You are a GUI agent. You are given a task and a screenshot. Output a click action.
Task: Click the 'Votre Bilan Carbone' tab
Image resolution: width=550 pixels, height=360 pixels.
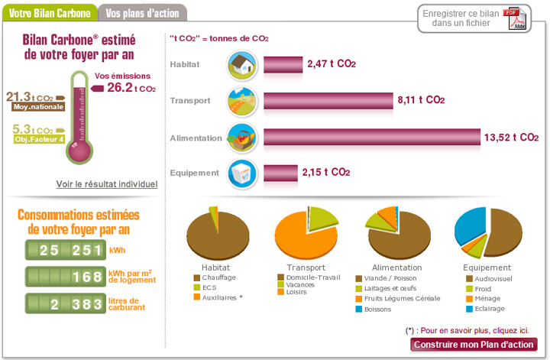point(48,13)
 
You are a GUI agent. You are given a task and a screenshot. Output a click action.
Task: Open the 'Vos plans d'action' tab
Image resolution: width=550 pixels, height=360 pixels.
point(143,13)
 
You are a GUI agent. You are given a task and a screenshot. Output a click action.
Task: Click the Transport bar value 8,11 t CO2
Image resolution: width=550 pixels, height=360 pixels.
point(420,100)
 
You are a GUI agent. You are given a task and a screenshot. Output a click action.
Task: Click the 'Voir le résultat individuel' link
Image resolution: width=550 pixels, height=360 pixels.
point(106,184)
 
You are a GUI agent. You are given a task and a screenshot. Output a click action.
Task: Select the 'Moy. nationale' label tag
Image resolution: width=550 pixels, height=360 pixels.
point(38,107)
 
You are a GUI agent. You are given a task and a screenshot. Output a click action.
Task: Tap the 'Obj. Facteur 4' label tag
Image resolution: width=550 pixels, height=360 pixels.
point(38,139)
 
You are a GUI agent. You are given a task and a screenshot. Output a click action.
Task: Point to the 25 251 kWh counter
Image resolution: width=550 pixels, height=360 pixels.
point(65,250)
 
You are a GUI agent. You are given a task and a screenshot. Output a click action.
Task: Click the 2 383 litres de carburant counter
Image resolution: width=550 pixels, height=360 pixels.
point(65,303)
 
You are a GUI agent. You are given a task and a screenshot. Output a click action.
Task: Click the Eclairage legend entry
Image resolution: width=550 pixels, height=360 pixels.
point(490,308)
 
